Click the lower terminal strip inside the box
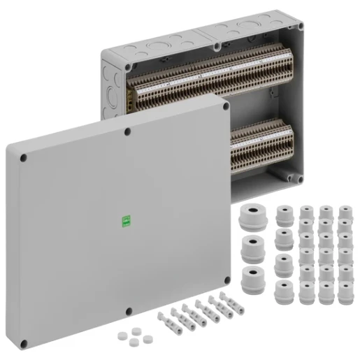pyautogui.click(x=262, y=143)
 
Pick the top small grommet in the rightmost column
pyautogui.click(x=344, y=211)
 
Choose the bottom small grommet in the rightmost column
pyautogui.click(x=344, y=294)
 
